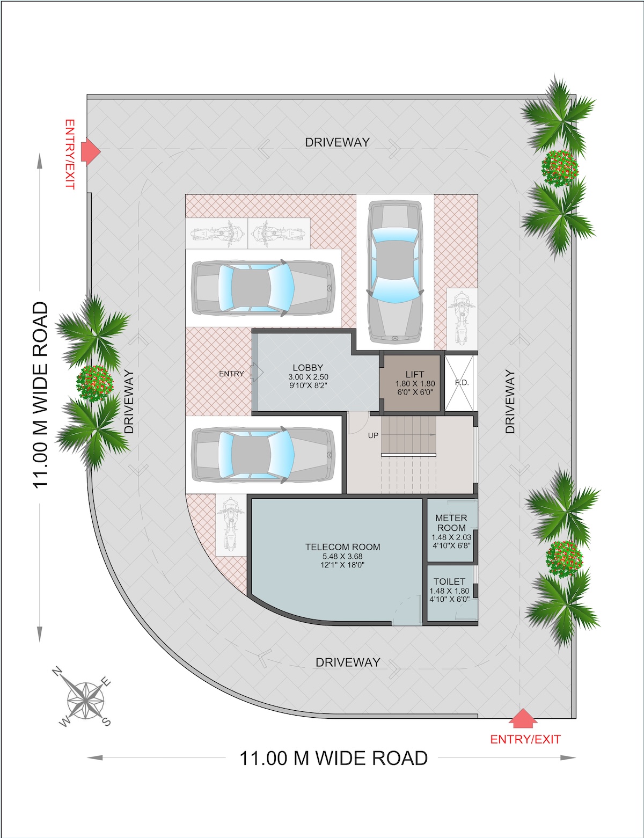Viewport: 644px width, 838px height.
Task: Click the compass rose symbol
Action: (85, 698)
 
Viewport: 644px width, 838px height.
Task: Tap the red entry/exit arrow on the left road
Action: (90, 151)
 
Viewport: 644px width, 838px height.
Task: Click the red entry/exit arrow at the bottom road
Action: (523, 718)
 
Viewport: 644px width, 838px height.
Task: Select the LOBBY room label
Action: (308, 368)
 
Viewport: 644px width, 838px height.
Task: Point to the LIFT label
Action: (415, 374)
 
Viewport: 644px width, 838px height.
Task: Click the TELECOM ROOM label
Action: (342, 547)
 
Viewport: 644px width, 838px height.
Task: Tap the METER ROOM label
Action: (451, 522)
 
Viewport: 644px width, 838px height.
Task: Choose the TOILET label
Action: (449, 581)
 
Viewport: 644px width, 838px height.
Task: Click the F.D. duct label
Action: (462, 383)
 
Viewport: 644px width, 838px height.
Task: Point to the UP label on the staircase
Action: (373, 435)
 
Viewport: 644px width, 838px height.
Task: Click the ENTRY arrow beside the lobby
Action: (257, 373)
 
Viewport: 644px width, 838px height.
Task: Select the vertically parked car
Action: (394, 272)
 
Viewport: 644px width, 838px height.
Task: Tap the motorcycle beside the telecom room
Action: (230, 525)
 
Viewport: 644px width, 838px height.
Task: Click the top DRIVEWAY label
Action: (337, 142)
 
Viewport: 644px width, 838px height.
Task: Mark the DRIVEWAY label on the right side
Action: (510, 402)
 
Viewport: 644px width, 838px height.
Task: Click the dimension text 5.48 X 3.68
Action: (342, 557)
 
